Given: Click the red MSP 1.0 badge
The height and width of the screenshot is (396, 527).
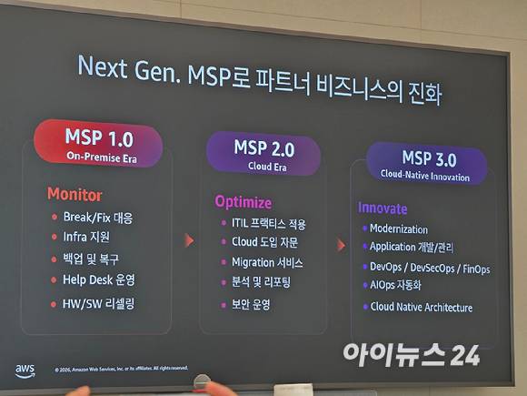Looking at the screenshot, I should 98,144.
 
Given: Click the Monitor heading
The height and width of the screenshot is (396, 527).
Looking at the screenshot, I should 75,195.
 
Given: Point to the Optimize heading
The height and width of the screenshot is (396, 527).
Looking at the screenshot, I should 243,201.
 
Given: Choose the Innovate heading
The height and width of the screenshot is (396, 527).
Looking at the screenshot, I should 383,208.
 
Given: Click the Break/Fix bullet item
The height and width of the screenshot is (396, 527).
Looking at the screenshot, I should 97,218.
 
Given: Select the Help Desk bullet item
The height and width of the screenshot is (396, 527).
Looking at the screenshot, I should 99,279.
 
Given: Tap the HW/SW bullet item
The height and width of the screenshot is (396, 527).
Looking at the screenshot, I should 99,302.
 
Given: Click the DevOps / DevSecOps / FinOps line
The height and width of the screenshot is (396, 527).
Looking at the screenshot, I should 429,269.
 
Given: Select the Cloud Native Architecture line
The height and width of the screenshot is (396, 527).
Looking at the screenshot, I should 421,308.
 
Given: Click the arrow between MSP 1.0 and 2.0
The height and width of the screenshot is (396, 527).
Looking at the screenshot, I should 189,240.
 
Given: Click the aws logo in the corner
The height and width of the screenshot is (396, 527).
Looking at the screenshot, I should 25,370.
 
